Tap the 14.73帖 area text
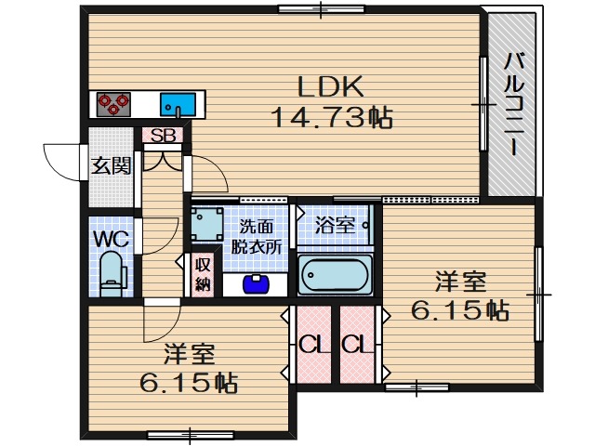329,118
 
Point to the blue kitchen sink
178,102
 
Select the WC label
111,238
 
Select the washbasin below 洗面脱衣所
253,282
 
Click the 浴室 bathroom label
333,224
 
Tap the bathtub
335,274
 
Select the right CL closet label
355,344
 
